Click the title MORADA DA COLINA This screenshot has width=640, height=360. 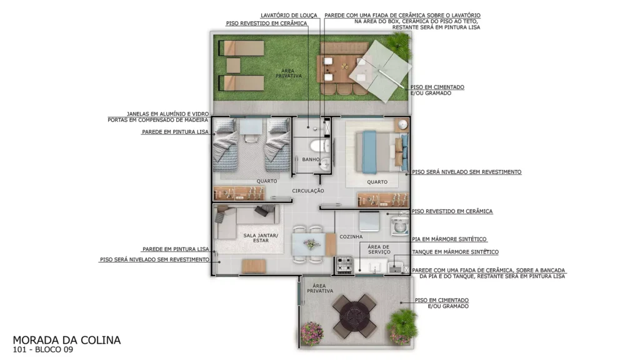66,340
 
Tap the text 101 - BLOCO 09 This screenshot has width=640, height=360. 43,349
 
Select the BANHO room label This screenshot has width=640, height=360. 311,159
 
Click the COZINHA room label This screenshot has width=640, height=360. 351,237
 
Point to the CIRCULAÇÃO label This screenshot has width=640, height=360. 308,191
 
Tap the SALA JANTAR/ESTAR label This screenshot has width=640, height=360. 261,238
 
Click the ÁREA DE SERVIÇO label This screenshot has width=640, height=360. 379,249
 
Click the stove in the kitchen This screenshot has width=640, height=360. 344,265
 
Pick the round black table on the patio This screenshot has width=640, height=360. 354,316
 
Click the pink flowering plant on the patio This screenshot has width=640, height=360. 312,333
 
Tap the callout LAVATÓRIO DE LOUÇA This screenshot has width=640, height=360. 289,16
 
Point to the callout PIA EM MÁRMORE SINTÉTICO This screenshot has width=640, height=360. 449,239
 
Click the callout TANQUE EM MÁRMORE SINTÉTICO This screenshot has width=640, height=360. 455,252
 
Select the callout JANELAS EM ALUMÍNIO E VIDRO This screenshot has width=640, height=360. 167,114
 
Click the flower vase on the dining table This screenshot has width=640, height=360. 312,244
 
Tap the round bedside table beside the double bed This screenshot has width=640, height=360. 403,124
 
